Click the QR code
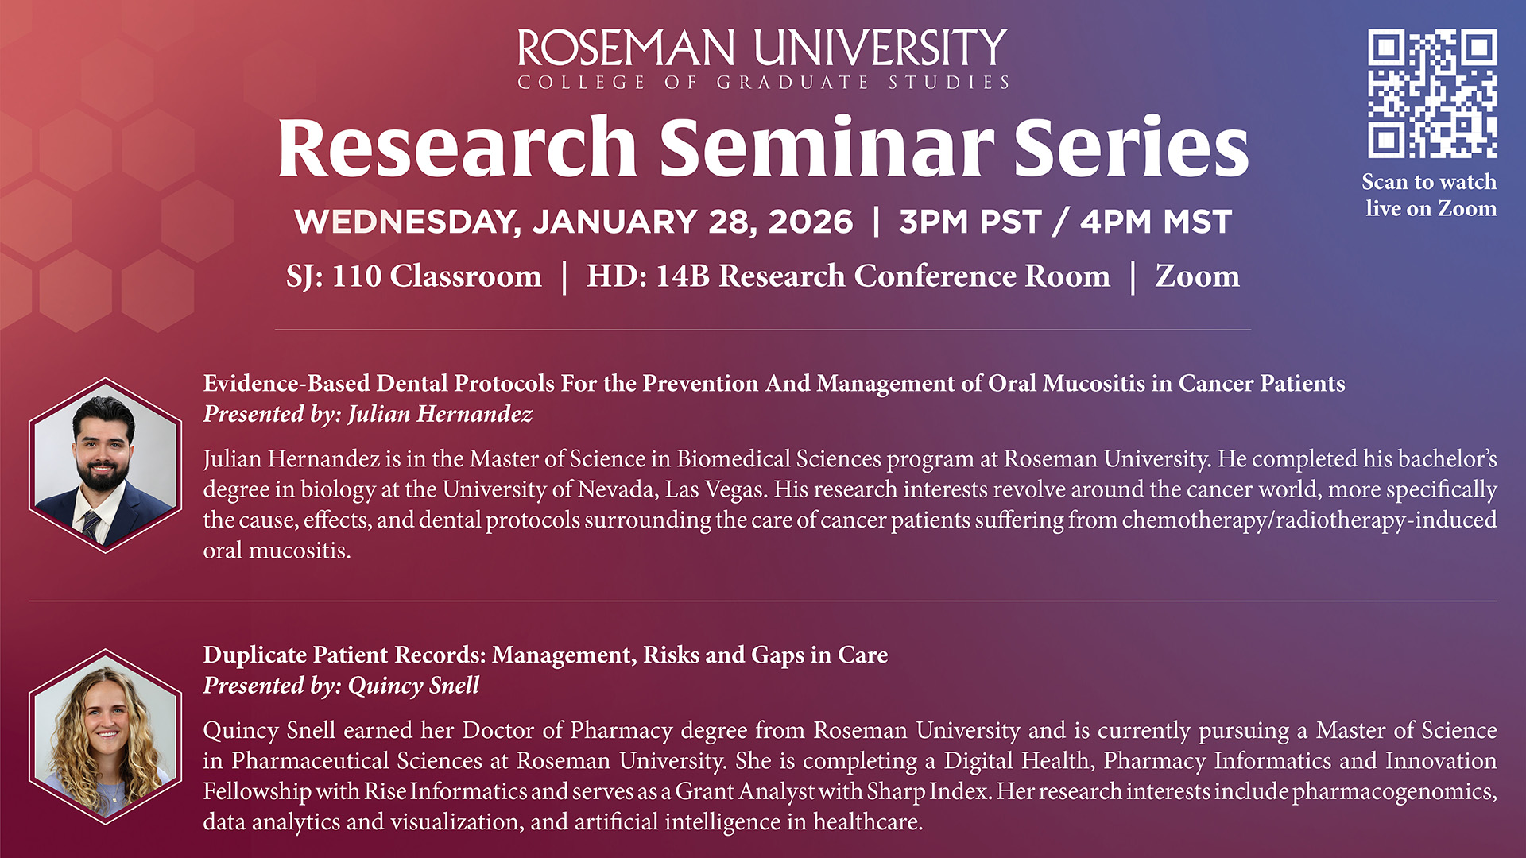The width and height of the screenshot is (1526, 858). tap(1432, 94)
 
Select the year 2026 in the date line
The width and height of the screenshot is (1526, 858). tap(811, 222)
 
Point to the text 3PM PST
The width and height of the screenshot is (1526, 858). tap(970, 222)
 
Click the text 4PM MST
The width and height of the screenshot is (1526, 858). tap(1156, 222)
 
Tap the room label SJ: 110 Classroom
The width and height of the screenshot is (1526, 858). tap(413, 276)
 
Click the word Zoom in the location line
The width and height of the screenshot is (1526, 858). tap(1197, 276)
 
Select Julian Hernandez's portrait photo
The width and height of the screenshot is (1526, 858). tap(106, 466)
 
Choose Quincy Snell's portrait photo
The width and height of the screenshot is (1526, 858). tap(106, 737)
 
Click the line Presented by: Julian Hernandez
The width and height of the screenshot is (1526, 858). tap(368, 414)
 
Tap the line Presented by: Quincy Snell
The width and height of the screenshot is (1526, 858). tap(342, 686)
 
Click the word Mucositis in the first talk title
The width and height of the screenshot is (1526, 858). tap(1094, 383)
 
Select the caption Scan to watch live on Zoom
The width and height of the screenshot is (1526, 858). tap(1431, 195)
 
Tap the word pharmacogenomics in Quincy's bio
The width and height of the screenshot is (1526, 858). tap(1394, 791)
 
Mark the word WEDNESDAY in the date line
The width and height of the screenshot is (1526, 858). tap(407, 222)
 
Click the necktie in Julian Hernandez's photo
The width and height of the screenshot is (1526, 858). tap(91, 525)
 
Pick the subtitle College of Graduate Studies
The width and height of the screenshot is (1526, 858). tap(763, 83)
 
